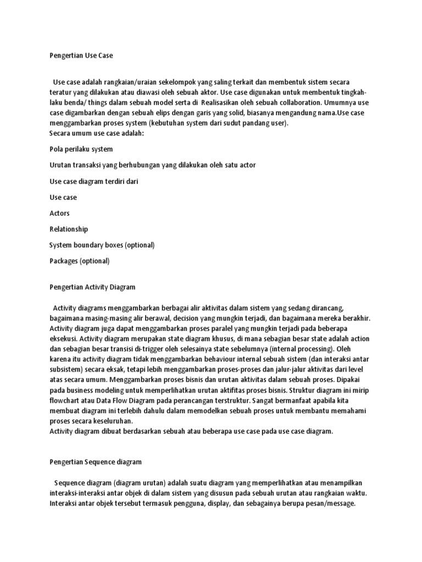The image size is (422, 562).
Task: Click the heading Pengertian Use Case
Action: pyautogui.click(x=84, y=56)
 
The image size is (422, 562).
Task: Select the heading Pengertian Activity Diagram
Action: pyautogui.click(x=92, y=287)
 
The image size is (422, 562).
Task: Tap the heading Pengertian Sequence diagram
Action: pyautogui.click(x=95, y=462)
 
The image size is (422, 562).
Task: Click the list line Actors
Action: pyautogui.click(x=59, y=213)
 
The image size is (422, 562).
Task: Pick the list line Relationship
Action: pyautogui.click(x=69, y=229)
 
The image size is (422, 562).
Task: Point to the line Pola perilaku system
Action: pyautogui.click(x=81, y=149)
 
